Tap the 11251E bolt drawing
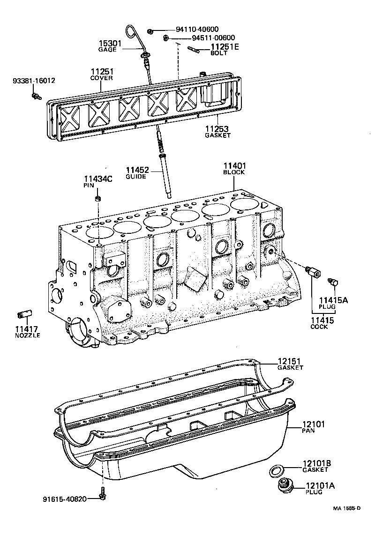click(x=195, y=48)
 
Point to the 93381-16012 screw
click(x=36, y=97)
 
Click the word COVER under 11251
click(x=102, y=78)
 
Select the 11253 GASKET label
click(x=218, y=131)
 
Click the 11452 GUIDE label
click(x=136, y=173)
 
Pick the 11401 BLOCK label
click(x=234, y=169)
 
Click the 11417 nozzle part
click(x=24, y=313)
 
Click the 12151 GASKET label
click(x=290, y=364)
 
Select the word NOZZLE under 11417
click(x=27, y=335)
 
